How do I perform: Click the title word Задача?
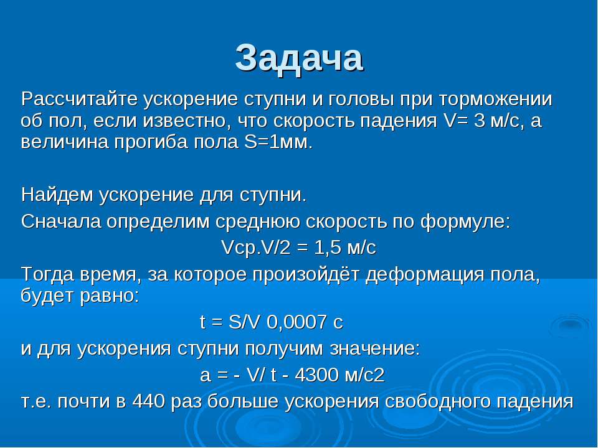pos(299,58)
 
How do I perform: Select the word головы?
pos(361,100)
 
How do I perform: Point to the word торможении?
pos(495,100)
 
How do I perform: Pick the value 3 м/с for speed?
pos(498,121)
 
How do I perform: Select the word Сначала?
pos(61,222)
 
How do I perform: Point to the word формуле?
pos(465,222)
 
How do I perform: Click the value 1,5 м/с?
pos(346,248)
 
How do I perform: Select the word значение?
pos(375,348)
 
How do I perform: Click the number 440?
pos(149,401)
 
